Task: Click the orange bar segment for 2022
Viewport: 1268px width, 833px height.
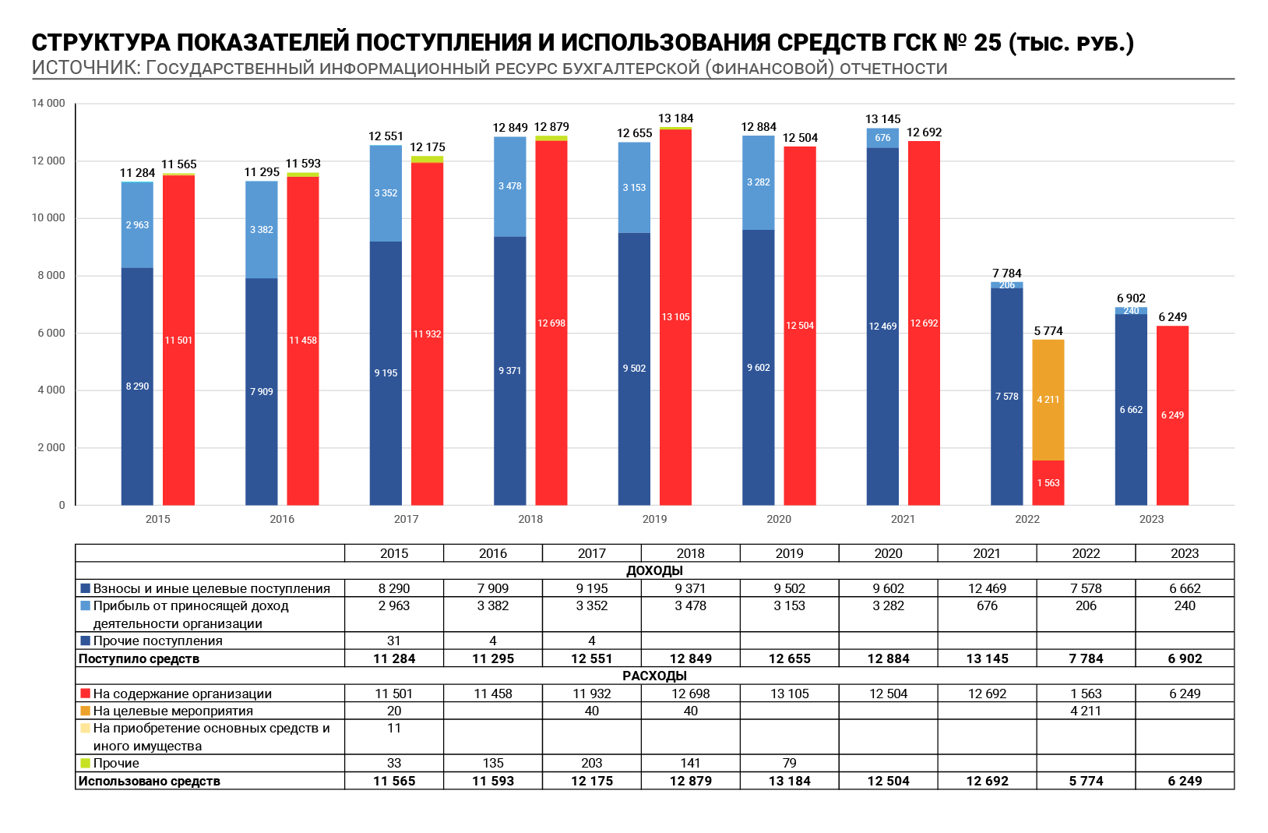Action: click(1048, 400)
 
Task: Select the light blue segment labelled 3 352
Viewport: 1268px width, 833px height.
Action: click(386, 194)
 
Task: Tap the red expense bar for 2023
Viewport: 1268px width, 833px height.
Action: click(1172, 415)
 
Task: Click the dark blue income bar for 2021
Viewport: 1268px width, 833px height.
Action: click(882, 326)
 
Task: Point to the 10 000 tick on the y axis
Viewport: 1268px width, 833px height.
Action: click(49, 218)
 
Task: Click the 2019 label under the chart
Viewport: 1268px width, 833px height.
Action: click(654, 519)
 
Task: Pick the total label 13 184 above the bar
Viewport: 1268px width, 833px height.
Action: click(675, 118)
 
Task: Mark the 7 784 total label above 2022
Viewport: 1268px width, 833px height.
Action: click(1007, 273)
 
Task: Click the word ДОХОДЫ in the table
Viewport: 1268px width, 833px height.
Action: click(654, 571)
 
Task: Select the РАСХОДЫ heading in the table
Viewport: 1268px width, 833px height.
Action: click(654, 676)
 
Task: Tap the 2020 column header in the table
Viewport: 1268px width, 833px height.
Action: click(888, 553)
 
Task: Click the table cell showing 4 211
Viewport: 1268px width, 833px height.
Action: click(1086, 711)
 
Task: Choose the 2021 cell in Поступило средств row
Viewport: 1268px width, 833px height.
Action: click(988, 658)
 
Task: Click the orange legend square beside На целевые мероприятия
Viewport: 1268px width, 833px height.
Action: click(86, 711)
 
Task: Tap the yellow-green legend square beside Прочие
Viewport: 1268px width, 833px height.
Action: click(86, 764)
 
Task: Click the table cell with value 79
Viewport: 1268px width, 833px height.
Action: click(789, 764)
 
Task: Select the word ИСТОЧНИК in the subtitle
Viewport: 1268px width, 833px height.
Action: click(86, 68)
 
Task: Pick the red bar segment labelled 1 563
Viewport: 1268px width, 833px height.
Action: click(1048, 483)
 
